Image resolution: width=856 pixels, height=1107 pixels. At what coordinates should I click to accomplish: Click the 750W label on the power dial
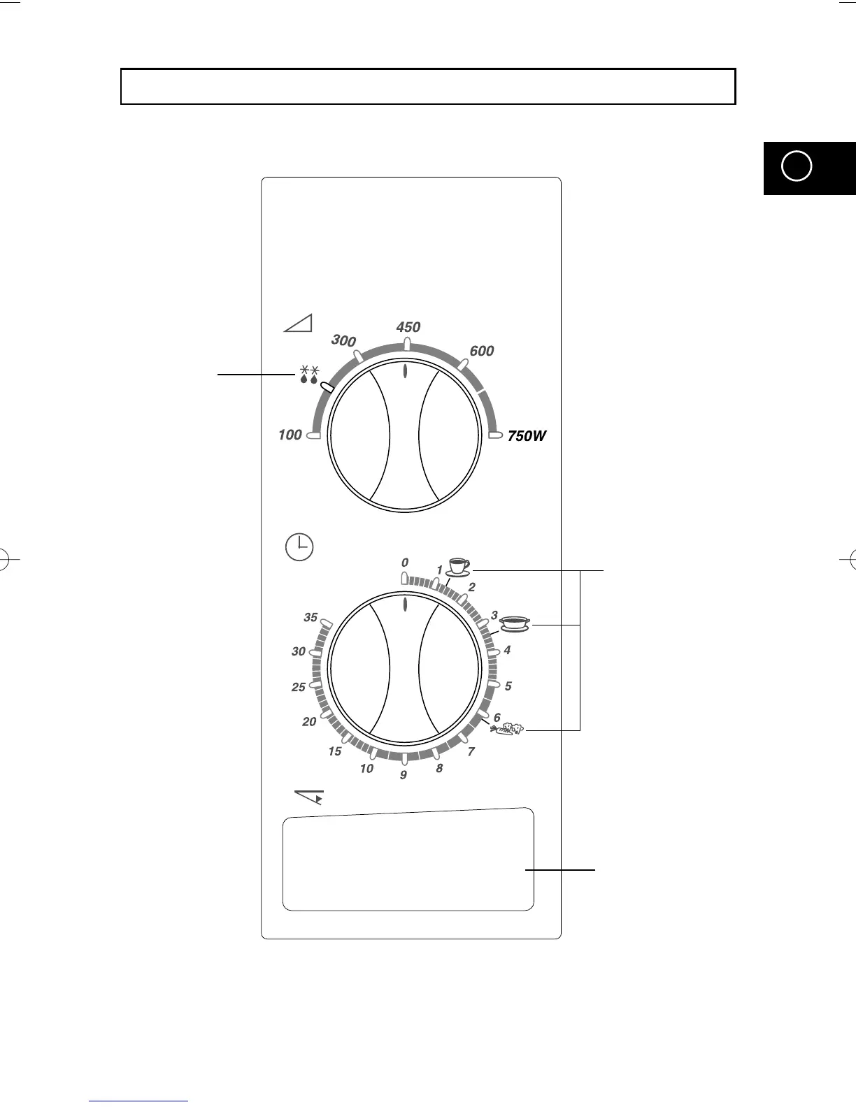527,435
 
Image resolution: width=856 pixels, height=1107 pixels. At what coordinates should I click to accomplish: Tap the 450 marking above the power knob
408,327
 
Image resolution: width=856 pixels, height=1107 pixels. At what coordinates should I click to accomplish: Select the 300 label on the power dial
343,340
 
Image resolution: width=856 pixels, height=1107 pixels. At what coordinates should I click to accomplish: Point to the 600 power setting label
482,351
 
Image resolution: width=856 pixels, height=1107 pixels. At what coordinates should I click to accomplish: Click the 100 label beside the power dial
290,435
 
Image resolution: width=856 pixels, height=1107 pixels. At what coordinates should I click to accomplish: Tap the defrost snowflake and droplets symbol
309,374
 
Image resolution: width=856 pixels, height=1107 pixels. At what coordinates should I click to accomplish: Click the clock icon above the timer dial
299,547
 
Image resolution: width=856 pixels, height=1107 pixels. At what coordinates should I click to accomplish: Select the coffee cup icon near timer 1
458,567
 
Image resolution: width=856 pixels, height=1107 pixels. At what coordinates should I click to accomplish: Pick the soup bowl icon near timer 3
515,624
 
